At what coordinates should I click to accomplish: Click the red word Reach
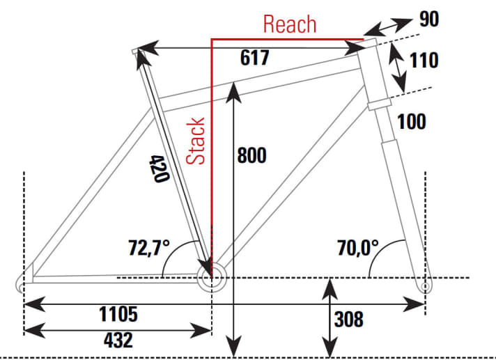[x=289, y=24]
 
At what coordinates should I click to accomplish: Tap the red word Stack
[x=196, y=141]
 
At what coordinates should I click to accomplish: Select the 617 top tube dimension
[x=254, y=58]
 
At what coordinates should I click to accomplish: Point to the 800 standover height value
[x=251, y=155]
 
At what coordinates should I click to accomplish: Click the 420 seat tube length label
[x=159, y=169]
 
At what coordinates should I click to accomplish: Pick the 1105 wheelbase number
[x=118, y=314]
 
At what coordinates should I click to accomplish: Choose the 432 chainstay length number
[x=118, y=340]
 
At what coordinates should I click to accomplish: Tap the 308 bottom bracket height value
[x=348, y=319]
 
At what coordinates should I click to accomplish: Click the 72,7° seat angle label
[x=148, y=247]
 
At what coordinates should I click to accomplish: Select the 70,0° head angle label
[x=358, y=247]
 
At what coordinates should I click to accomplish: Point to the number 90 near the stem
[x=429, y=19]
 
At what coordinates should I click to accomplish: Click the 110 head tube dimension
[x=424, y=61]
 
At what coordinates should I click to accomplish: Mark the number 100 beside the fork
[x=411, y=122]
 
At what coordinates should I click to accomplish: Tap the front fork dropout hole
[x=426, y=286]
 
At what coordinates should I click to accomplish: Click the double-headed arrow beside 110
[x=397, y=68]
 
